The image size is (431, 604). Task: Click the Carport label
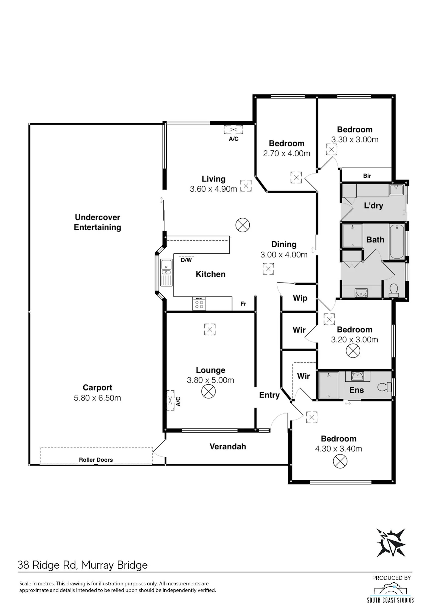point(97,387)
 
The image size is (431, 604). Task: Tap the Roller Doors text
point(96,460)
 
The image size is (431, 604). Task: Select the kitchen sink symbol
point(166,272)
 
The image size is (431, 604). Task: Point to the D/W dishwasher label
point(186,260)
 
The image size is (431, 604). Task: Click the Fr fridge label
point(243,304)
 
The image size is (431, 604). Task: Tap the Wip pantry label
point(300,298)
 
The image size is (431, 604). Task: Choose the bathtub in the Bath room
point(397,242)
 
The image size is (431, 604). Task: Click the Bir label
point(367,176)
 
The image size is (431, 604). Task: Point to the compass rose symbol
point(391,543)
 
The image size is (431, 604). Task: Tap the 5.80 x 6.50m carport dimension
point(97,398)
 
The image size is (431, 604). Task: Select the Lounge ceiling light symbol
point(209,391)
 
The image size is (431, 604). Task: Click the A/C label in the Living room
point(234,139)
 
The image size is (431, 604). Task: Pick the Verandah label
point(228,446)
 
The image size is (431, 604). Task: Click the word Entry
point(269,395)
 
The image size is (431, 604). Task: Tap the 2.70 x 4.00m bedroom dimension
point(287,154)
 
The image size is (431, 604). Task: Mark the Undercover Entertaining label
point(97,222)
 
